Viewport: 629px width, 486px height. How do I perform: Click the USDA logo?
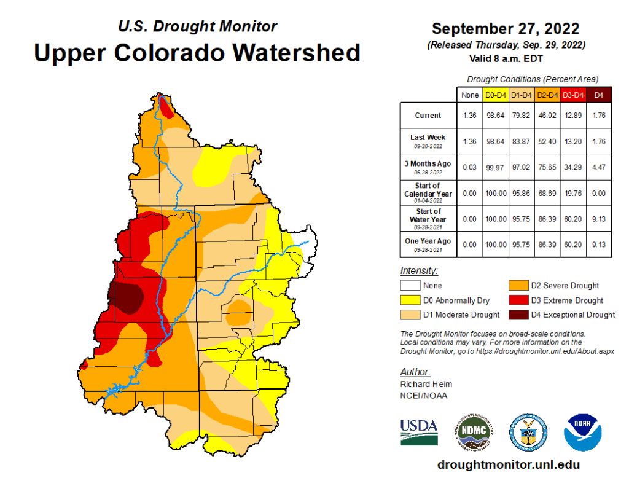(419, 432)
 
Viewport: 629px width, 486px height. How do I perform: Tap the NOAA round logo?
(582, 432)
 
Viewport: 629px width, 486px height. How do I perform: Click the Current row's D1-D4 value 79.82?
(522, 116)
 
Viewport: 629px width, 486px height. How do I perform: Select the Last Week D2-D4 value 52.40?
(546, 141)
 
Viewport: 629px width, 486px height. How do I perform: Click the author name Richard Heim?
(421, 384)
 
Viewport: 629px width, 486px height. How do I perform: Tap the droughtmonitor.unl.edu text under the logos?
(508, 464)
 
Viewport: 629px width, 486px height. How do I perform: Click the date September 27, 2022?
(506, 29)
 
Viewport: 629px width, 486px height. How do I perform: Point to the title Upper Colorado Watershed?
(197, 53)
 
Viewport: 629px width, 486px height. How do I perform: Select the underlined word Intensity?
(419, 270)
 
